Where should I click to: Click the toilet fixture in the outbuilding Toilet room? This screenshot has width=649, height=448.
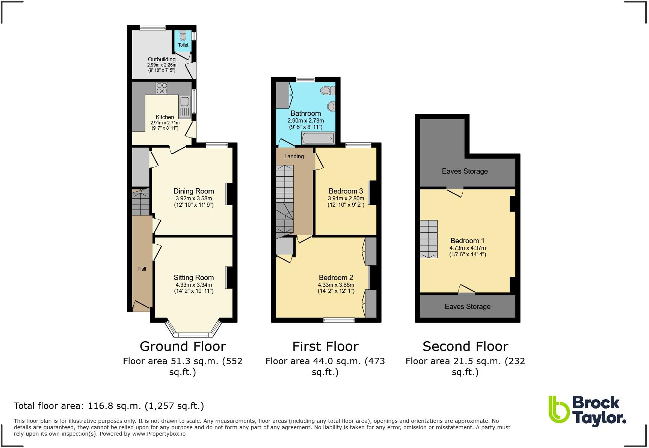pyautogui.click(x=183, y=36)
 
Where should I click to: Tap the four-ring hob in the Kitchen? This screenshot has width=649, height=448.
pyautogui.click(x=162, y=88)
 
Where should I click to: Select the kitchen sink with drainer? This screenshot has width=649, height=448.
pyautogui.click(x=185, y=107)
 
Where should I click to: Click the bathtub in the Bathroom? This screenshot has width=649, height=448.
pyautogui.click(x=318, y=139)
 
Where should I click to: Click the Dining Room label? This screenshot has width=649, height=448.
pyautogui.click(x=193, y=191)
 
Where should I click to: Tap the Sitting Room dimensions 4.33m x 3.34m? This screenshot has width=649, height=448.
pyautogui.click(x=193, y=285)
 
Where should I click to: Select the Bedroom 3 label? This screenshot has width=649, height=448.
pyautogui.click(x=346, y=191)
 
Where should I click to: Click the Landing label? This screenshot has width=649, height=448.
pyautogui.click(x=294, y=156)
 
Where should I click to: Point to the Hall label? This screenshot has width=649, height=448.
pyautogui.click(x=142, y=269)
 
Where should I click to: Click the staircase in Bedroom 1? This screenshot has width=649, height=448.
pyautogui.click(x=429, y=239)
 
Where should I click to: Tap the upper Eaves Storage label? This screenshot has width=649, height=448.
pyautogui.click(x=465, y=171)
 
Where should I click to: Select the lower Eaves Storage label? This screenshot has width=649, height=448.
pyautogui.click(x=467, y=307)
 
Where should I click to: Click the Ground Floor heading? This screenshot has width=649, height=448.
pyautogui.click(x=183, y=346)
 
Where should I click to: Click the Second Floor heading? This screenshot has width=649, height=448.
pyautogui.click(x=465, y=346)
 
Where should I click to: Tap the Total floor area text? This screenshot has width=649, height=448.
pyautogui.click(x=109, y=406)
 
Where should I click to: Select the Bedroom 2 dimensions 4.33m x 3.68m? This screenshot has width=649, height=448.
pyautogui.click(x=336, y=285)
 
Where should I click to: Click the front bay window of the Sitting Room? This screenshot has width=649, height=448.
pyautogui.click(x=193, y=334)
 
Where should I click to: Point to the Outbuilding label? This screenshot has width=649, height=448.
pyautogui.click(x=161, y=59)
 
